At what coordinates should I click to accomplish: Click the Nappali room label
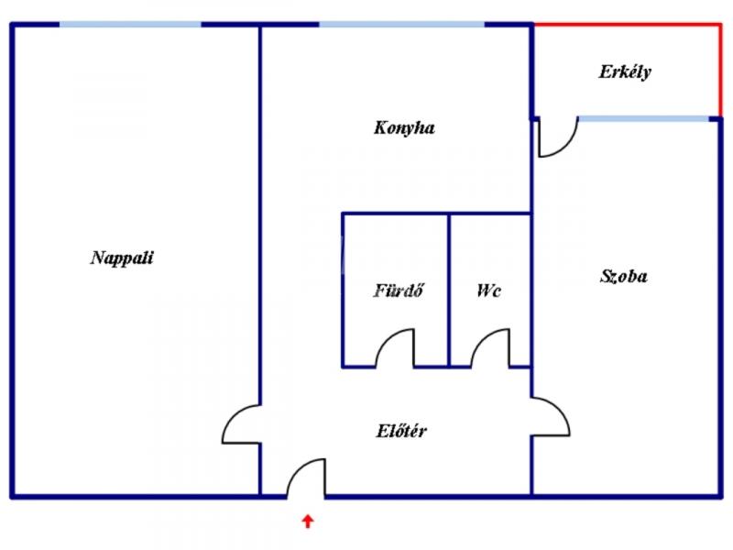point(122,258)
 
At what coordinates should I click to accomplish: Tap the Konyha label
point(404,128)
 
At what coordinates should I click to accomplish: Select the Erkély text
point(625,71)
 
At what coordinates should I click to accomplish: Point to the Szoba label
point(624,275)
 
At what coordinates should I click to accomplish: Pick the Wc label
point(488,291)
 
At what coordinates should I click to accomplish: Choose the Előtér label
point(401,431)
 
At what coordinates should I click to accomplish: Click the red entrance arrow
point(308,522)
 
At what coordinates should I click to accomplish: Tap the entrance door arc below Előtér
point(306,476)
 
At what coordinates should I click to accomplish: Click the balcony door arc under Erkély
point(558,138)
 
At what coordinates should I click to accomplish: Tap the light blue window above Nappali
point(130,25)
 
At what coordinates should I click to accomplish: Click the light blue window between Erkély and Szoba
point(644,119)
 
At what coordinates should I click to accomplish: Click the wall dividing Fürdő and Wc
point(449,290)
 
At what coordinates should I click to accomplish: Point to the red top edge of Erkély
point(627,25)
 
